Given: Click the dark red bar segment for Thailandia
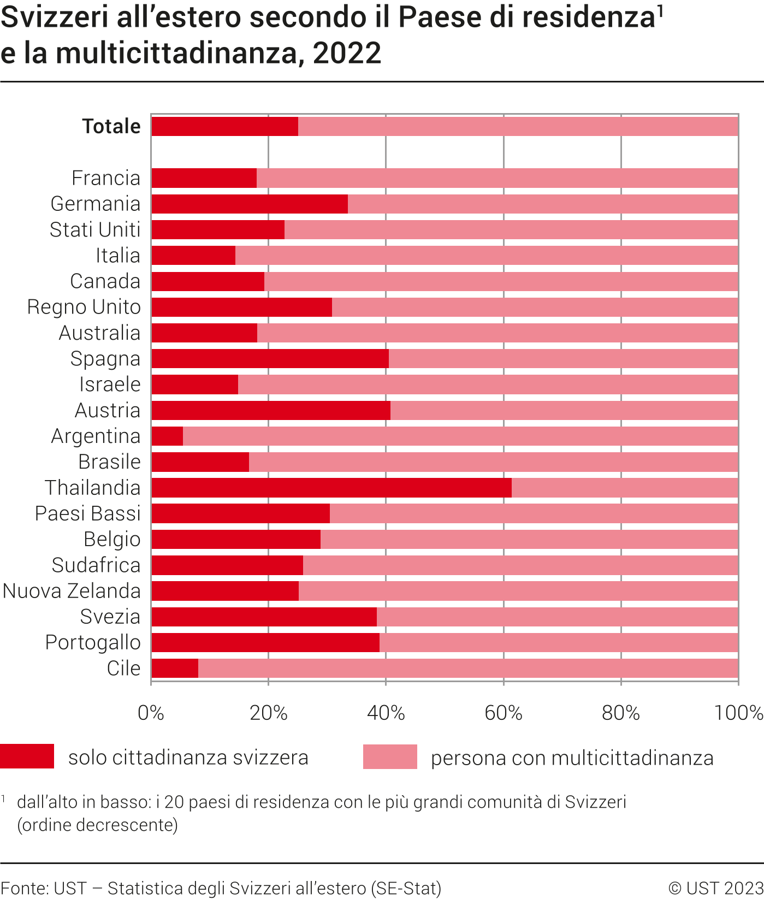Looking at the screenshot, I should point(331,488).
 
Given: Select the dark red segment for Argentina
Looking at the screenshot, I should point(167,436).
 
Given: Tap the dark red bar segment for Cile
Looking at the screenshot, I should point(175,669).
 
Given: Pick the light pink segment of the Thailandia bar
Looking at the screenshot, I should point(625,488).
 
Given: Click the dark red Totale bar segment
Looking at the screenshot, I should point(224,126).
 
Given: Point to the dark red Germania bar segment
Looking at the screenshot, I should point(250,204).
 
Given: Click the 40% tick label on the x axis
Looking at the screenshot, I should point(386,713).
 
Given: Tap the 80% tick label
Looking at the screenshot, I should point(620,713).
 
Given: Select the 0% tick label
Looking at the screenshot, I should point(151,713).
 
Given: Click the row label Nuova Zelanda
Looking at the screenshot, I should point(72,591).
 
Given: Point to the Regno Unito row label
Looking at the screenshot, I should point(84,307).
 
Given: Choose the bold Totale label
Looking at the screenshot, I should point(111,126).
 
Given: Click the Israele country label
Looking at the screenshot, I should point(110,385).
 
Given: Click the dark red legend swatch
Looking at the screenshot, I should point(27,756).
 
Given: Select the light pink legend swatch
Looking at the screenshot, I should point(390,756).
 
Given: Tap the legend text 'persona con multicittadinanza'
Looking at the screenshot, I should point(572,758).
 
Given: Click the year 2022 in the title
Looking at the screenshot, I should point(347,53).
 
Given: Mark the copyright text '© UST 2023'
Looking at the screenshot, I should point(715,888).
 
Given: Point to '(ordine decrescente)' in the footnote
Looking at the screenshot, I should point(98,824).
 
